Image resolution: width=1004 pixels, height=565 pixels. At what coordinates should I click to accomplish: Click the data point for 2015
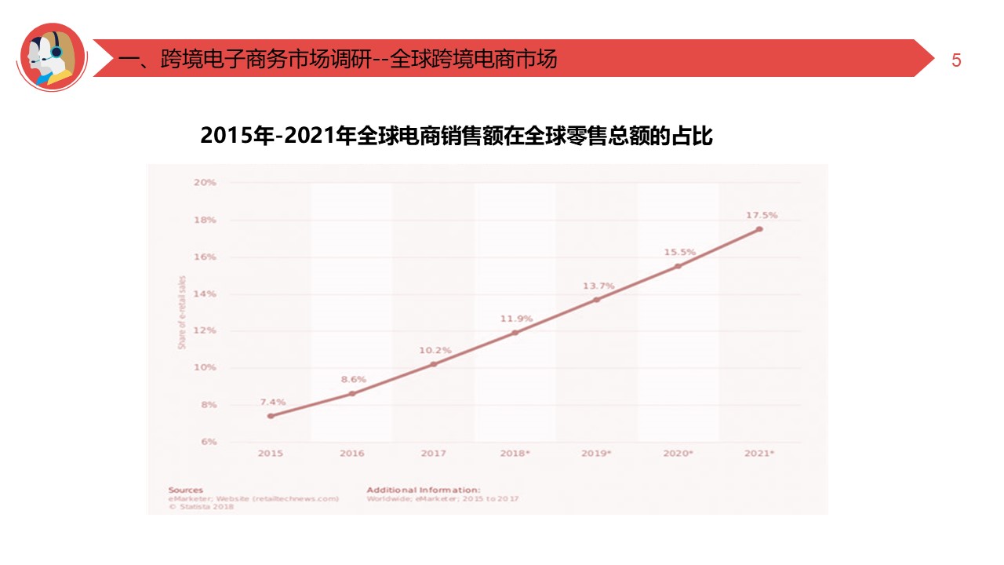coord(271,416)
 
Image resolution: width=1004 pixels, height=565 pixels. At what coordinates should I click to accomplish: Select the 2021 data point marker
coord(759,229)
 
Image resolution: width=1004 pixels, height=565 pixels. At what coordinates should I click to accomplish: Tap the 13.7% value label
coord(598,286)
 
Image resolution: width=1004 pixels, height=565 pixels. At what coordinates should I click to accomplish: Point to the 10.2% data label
coord(434,350)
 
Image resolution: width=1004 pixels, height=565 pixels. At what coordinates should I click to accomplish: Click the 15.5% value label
coord(679,252)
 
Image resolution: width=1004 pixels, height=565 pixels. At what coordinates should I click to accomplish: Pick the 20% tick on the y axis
coord(205,183)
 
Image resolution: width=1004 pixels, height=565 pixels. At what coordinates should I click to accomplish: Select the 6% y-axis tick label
coord(208,442)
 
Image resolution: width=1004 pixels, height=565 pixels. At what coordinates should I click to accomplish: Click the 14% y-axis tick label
coord(205,293)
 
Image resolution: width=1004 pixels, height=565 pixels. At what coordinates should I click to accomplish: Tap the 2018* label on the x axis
coord(515,454)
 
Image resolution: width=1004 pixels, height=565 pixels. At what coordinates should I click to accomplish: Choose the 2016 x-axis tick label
coord(351,454)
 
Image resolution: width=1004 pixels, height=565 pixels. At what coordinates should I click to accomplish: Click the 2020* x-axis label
coord(678,454)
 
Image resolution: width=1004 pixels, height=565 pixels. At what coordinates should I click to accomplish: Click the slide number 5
coord(956,60)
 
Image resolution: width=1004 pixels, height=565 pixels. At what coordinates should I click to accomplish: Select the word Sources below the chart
coord(185,490)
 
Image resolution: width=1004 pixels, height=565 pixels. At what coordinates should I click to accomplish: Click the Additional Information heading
coord(423,490)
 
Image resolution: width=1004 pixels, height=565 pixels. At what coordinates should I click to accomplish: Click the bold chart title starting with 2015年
coord(457,136)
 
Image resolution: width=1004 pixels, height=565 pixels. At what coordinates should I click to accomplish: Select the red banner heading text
coord(337,59)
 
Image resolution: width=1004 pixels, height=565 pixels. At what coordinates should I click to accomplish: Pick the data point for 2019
coord(596,300)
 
